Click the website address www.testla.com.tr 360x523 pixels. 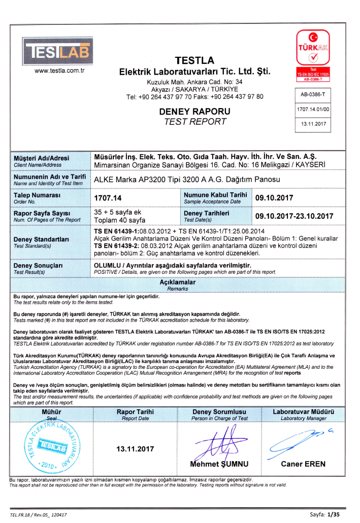[x=59, y=71]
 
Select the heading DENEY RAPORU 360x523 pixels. [x=195, y=111]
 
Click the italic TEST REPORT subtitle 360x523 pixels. [x=195, y=122]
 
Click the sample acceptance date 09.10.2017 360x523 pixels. [x=274, y=198]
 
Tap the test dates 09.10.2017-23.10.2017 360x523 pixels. [x=294, y=216]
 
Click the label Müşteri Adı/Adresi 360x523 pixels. [x=42, y=158]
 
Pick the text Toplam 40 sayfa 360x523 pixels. [x=120, y=220]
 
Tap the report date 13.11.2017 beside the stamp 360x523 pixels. [x=135, y=449]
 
